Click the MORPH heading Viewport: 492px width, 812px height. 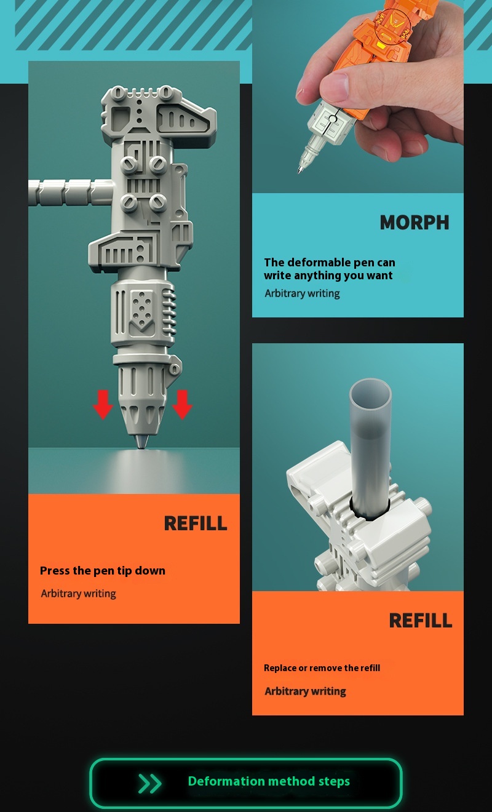tap(415, 222)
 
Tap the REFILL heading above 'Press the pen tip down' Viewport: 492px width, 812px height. tap(196, 523)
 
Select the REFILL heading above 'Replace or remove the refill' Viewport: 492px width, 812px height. tap(421, 620)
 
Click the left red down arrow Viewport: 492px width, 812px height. tap(103, 405)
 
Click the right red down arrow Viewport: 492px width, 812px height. tap(182, 405)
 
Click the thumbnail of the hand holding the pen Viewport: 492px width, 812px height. tap(358, 97)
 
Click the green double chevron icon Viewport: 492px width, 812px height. tap(149, 783)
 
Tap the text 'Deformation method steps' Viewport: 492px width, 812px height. tap(269, 781)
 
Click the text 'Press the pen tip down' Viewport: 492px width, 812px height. tap(103, 571)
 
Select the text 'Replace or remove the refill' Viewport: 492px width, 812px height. tap(322, 667)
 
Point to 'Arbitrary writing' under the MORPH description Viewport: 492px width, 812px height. tap(302, 293)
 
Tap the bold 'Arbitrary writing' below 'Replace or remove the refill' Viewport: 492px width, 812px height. tap(305, 691)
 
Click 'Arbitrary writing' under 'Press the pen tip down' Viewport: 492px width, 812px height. tap(78, 594)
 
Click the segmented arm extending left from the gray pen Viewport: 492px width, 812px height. tap(71, 193)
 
